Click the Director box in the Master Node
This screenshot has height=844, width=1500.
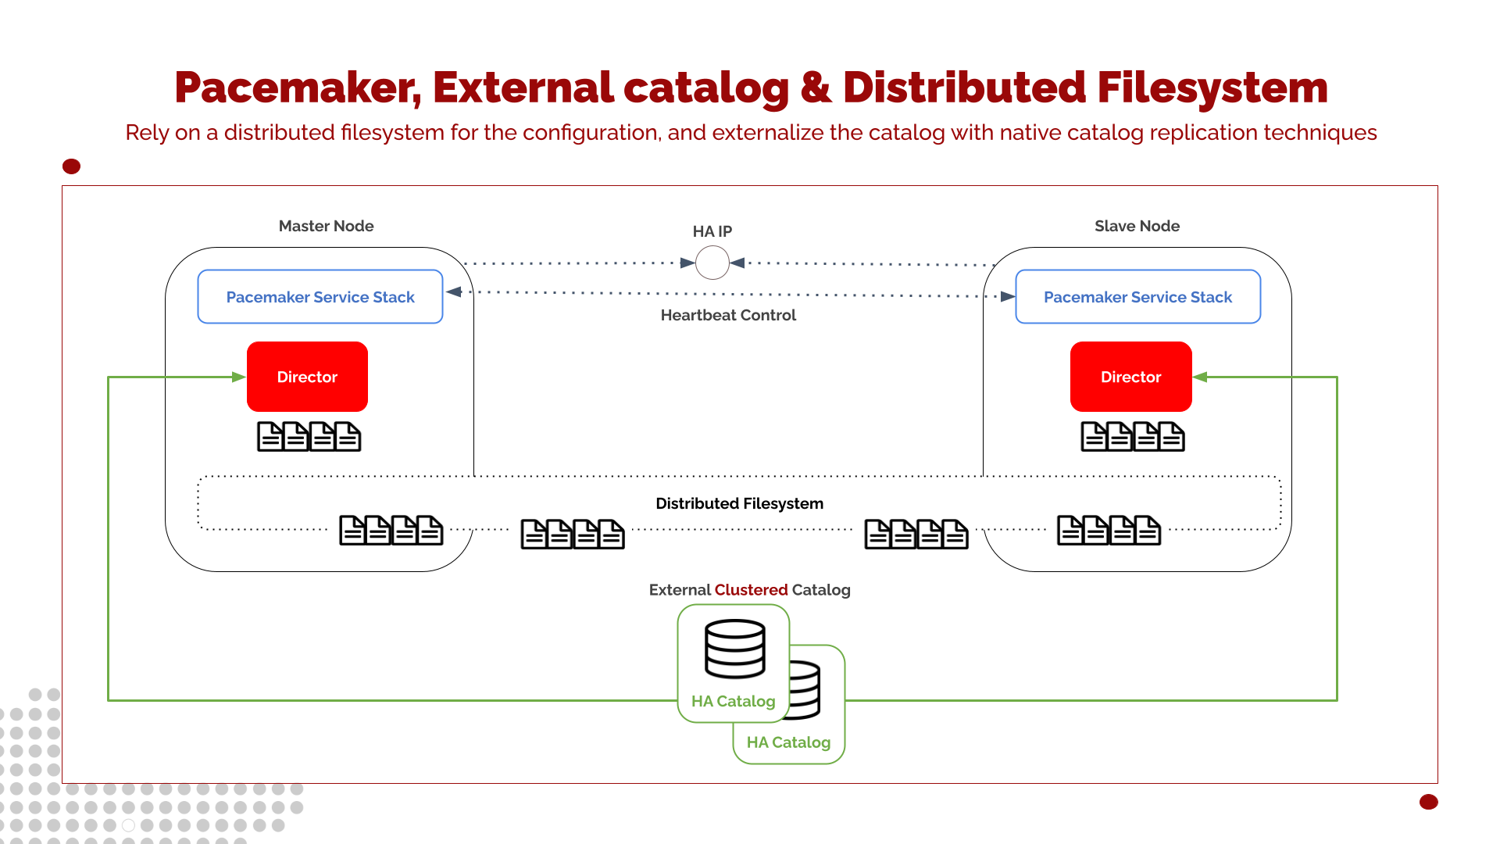tap(307, 377)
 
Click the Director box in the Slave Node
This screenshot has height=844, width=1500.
tap(1130, 377)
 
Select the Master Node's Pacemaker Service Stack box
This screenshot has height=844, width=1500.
tap(320, 297)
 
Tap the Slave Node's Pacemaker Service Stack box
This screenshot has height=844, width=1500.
tap(1137, 297)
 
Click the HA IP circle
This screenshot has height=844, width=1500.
tap(712, 263)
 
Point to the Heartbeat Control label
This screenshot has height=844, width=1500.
tap(728, 315)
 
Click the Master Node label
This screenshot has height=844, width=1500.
tap(326, 226)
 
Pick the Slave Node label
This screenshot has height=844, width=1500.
tap(1137, 226)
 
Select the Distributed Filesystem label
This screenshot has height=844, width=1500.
tap(739, 503)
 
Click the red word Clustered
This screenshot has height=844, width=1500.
tap(751, 590)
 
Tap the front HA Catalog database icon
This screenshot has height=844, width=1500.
tap(734, 649)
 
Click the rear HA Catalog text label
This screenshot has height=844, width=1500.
tap(788, 742)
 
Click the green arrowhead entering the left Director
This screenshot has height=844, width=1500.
tap(239, 377)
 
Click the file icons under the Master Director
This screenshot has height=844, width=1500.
tap(309, 437)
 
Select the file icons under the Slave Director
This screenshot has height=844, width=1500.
tap(1133, 437)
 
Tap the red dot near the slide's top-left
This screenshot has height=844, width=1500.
tap(71, 166)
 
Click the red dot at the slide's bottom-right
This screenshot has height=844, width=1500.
tap(1428, 802)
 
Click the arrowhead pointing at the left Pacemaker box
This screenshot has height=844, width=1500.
tap(454, 291)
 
